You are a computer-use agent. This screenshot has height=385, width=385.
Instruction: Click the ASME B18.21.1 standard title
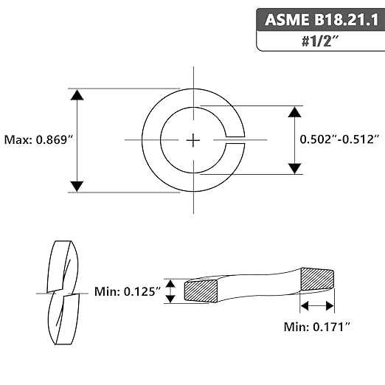322,20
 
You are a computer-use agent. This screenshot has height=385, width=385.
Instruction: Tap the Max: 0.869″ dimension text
39,140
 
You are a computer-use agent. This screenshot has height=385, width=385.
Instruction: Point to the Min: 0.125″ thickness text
128,291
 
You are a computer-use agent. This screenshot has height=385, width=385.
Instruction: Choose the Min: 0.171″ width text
317,327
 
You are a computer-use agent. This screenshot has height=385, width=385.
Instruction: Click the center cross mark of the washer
193,140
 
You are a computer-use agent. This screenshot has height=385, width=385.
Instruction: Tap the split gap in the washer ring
235,140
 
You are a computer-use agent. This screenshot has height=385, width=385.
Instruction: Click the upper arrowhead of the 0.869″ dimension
77,95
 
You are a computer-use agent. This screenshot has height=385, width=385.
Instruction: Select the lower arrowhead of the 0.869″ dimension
77,186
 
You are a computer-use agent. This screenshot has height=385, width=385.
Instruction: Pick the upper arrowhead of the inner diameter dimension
295,112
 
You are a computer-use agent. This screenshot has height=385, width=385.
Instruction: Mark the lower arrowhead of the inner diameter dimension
295,168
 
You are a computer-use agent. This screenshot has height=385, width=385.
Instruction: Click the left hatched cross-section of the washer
201,291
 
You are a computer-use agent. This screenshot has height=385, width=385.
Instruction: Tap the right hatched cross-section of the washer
317,279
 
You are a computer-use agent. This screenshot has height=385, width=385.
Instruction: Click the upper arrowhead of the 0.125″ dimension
170,284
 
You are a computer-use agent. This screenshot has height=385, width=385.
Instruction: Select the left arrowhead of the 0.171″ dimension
305,306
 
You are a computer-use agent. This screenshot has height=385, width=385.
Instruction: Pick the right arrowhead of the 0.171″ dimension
330,306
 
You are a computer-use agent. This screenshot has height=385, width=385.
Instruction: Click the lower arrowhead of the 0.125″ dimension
170,299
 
